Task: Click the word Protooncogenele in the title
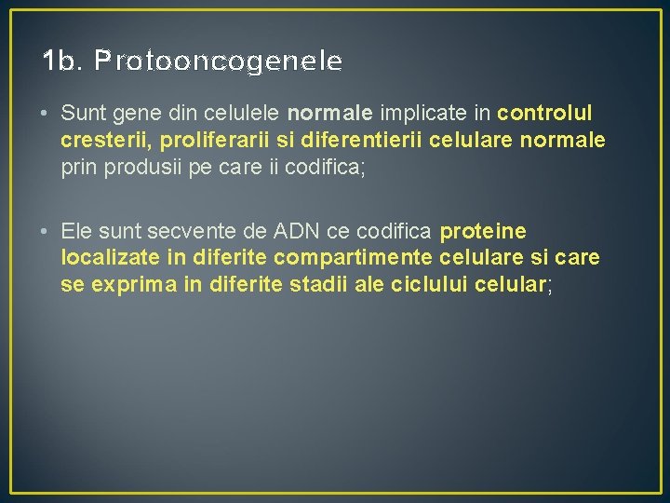pyautogui.click(x=219, y=62)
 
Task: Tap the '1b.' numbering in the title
pyautogui.click(x=62, y=61)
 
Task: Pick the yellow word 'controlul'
pyautogui.click(x=545, y=114)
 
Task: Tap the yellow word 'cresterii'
pyautogui.click(x=100, y=141)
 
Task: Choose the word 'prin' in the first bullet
pyautogui.click(x=78, y=168)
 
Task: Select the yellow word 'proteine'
pyautogui.click(x=485, y=230)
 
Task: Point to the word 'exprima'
pyautogui.click(x=131, y=284)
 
